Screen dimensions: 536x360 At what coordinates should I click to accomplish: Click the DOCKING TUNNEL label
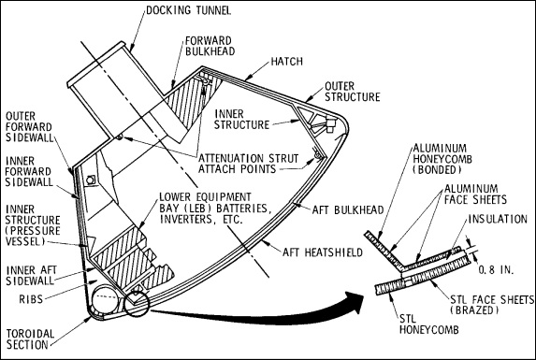point(189,10)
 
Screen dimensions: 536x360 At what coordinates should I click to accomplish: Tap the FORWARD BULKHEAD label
point(210,46)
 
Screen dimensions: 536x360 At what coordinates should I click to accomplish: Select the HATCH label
point(287,62)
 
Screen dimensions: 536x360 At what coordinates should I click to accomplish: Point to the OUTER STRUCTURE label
point(352,92)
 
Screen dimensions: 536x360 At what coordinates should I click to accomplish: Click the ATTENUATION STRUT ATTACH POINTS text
point(249,164)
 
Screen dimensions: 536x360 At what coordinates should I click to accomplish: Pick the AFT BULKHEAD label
point(348,209)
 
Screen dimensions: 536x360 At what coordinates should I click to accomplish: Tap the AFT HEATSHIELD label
point(323,252)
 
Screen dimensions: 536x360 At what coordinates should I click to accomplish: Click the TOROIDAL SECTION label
point(30,339)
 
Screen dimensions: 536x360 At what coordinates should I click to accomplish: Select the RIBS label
point(31,299)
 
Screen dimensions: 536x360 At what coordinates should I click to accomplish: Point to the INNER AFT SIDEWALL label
point(30,275)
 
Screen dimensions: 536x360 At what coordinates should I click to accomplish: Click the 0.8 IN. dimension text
point(496,270)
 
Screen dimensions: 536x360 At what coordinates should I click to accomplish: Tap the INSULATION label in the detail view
point(498,219)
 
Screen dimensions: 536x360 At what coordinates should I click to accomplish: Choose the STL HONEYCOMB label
point(429,324)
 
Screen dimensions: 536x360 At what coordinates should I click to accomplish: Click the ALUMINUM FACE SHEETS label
point(475,194)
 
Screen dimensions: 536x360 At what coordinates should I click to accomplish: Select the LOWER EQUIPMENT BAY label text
point(216,208)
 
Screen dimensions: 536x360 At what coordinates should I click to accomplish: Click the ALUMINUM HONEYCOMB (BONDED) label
point(442,159)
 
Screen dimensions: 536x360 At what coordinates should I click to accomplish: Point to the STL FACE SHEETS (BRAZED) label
point(492,305)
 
